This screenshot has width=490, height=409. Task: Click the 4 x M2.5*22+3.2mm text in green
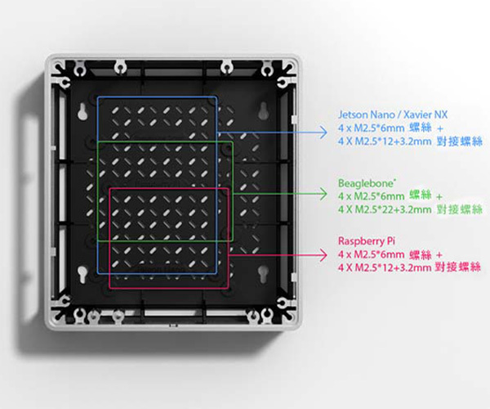384,210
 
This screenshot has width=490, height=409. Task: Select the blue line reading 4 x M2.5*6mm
372,128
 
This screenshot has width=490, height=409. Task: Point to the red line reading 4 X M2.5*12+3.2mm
384,267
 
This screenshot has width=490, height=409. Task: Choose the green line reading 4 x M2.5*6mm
372,196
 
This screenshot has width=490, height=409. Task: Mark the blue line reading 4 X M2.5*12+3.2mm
384,142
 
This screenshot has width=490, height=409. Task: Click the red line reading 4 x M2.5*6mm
372,254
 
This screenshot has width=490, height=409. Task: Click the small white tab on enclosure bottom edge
171,326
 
